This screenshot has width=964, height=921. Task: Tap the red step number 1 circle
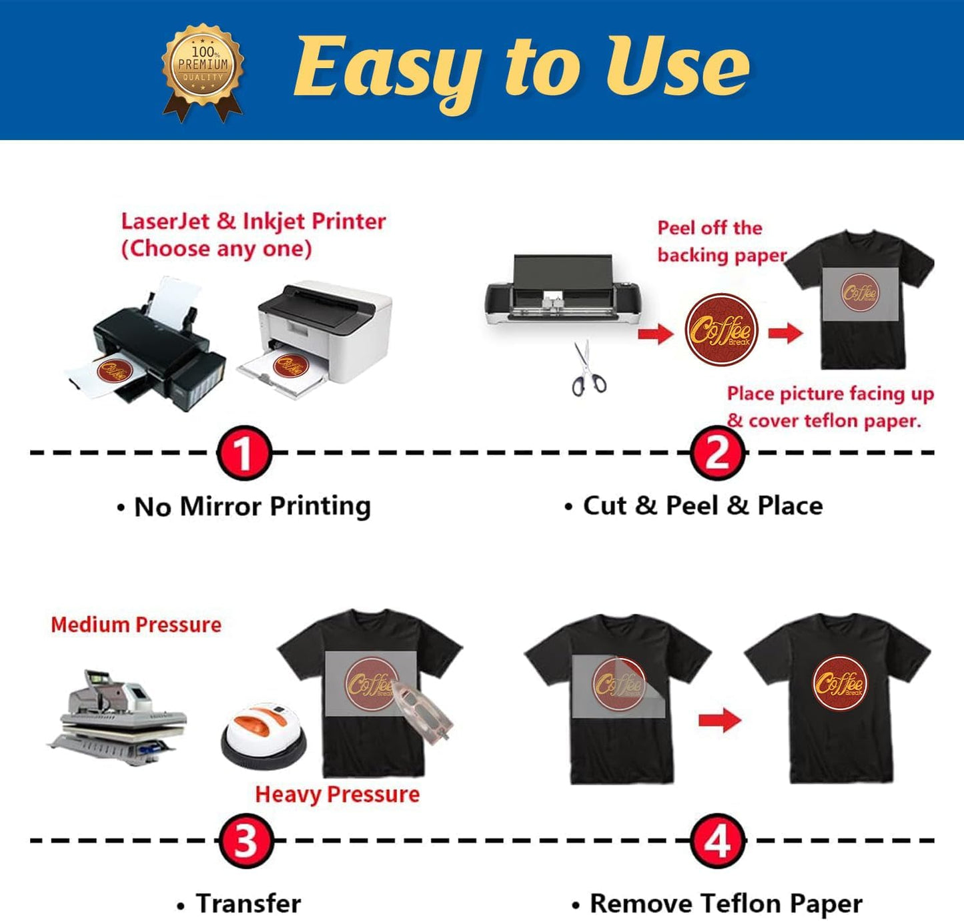[x=244, y=453]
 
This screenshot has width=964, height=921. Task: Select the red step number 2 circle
[x=717, y=453]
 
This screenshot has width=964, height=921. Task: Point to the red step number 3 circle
[x=245, y=841]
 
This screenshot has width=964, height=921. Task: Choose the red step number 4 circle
[x=717, y=841]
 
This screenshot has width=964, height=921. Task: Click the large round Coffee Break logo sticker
[x=721, y=330]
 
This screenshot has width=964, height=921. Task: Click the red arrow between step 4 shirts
[x=719, y=720]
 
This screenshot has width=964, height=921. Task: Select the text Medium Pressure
[x=136, y=625]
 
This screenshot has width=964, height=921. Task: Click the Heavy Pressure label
[x=337, y=794]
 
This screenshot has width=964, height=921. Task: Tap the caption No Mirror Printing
[x=252, y=507]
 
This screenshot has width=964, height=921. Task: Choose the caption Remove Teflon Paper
[x=725, y=904]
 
